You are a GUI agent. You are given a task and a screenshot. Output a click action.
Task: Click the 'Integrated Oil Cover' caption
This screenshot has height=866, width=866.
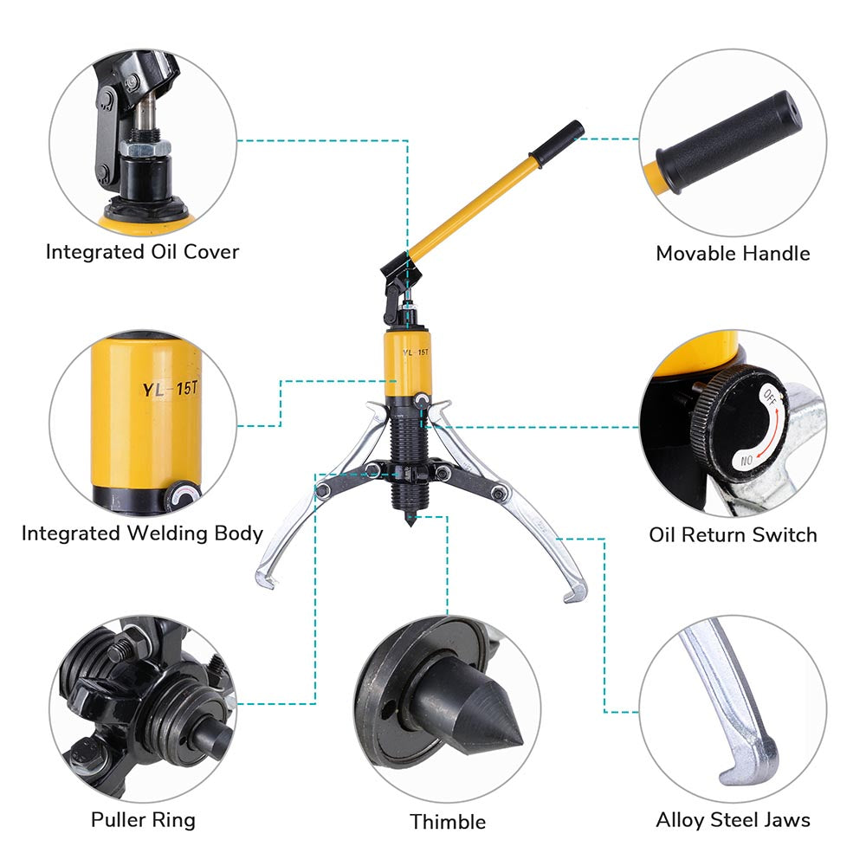point(143,252)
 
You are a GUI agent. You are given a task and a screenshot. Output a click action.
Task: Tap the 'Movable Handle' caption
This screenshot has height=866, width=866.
point(733,254)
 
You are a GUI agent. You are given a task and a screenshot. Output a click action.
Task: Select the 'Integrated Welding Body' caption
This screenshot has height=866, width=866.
point(143,533)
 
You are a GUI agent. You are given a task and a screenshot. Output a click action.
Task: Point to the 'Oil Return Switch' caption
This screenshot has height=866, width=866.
point(733,534)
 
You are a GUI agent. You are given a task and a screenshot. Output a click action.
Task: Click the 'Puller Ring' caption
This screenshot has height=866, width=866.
point(143,820)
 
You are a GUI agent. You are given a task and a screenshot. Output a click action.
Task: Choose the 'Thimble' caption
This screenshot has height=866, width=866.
point(448,822)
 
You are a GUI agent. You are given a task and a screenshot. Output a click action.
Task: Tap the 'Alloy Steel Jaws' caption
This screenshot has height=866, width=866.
point(733,820)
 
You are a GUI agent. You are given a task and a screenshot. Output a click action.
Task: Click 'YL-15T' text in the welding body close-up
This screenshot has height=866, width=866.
point(170,389)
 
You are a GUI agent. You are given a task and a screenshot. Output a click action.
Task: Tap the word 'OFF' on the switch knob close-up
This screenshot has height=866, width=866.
point(770,397)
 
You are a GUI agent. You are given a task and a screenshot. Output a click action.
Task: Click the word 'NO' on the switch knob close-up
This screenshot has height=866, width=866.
point(746,460)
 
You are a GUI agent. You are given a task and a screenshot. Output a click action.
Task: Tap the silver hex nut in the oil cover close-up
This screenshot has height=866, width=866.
point(145,148)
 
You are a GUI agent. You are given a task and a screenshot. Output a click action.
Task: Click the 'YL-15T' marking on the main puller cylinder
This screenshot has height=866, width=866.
point(416,352)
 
